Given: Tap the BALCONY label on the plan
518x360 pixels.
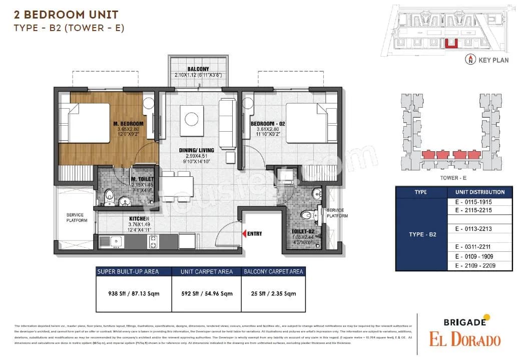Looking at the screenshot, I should pos(198,69).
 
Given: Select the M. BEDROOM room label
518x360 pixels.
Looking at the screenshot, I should pos(128,124).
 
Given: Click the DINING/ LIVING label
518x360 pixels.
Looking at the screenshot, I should pos(197,150).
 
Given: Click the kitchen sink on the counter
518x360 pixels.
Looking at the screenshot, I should pos(115,241).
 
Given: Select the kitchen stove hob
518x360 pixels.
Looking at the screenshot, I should pos(153,241).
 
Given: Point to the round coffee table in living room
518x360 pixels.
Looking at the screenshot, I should pos(192,119).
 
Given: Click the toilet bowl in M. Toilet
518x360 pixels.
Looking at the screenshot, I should pos(109,196).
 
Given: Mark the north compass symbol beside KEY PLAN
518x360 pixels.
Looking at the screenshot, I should pos(470,60).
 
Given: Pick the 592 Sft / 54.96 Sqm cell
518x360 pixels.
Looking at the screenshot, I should pos(207,293).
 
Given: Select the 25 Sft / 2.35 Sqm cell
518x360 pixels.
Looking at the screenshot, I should pos(273,293).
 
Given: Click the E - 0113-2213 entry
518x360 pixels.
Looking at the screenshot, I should pos(473,228).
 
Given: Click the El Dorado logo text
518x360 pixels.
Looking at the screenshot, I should pos(464,339).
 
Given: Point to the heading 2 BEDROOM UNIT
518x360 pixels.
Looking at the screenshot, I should pos(66,15).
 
